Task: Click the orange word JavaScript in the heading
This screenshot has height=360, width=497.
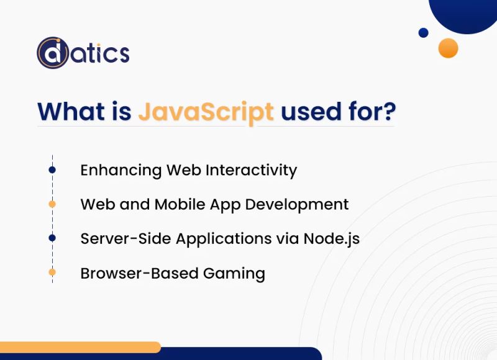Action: (206, 112)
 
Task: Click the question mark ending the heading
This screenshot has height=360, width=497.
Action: (389, 112)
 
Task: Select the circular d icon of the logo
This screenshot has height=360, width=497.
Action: (52, 53)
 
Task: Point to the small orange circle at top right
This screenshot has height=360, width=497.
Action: (448, 48)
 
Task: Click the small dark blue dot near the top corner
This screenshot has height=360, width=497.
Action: (424, 32)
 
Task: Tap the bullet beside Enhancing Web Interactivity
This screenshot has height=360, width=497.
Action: (52, 170)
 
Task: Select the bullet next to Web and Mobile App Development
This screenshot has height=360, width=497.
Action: (52, 204)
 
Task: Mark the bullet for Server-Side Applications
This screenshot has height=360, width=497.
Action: (52, 238)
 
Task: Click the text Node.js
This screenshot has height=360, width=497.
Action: (331, 238)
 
